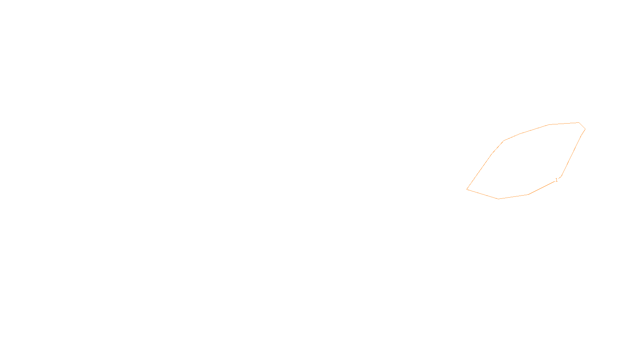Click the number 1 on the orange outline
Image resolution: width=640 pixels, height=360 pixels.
[x=556, y=180]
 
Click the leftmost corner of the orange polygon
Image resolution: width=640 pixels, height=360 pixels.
[x=466, y=189]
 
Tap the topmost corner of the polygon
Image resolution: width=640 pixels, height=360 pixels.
[x=579, y=122]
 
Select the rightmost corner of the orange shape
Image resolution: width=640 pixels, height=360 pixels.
[x=586, y=129]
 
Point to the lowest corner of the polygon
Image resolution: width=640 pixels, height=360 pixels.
[x=498, y=199]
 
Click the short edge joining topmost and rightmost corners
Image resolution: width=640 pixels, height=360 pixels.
[x=582, y=126]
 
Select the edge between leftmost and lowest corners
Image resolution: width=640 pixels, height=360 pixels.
[x=482, y=194]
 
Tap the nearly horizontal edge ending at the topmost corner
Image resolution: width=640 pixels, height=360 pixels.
[x=564, y=124]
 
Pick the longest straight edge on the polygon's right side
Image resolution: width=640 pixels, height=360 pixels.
[x=572, y=156]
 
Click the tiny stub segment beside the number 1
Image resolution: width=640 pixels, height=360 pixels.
[x=560, y=178]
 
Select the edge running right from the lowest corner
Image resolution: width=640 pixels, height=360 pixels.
[x=514, y=197]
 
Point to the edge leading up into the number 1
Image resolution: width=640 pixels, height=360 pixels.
[x=542, y=188]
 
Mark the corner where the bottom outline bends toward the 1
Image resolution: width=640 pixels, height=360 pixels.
[x=528, y=194]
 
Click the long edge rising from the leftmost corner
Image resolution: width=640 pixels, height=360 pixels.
[x=479, y=172]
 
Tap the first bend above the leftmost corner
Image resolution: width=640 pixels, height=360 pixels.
[x=492, y=154]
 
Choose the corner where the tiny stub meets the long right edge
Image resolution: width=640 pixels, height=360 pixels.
[x=562, y=176]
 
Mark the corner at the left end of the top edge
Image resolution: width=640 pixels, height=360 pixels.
[x=548, y=124]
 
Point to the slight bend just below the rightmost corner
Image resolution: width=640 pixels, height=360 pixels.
[x=582, y=135]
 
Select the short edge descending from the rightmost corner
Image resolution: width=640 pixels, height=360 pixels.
[x=584, y=132]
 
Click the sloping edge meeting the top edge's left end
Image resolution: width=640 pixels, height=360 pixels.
[x=534, y=129]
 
